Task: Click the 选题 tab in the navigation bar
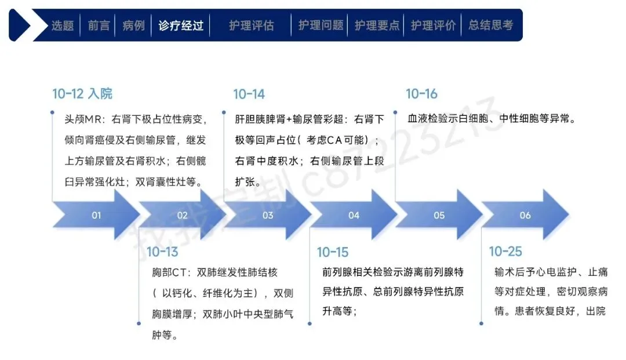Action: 63,26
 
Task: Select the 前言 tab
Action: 99,26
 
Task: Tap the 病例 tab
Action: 133,26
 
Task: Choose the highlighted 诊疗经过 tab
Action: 181,26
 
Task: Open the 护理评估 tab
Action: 251,26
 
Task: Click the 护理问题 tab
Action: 321,26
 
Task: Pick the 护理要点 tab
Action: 377,26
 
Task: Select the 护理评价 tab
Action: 433,26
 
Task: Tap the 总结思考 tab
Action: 490,26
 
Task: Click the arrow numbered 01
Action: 96,215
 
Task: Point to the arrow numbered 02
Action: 182,215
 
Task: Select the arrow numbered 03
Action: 268,215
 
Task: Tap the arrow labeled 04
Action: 354,215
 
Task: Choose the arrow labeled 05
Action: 439,215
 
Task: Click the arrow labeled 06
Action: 525,215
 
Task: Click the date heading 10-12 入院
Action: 82,94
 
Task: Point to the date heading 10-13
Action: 162,252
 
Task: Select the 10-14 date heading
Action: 249,94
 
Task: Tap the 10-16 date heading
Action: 421,94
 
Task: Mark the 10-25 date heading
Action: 505,252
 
